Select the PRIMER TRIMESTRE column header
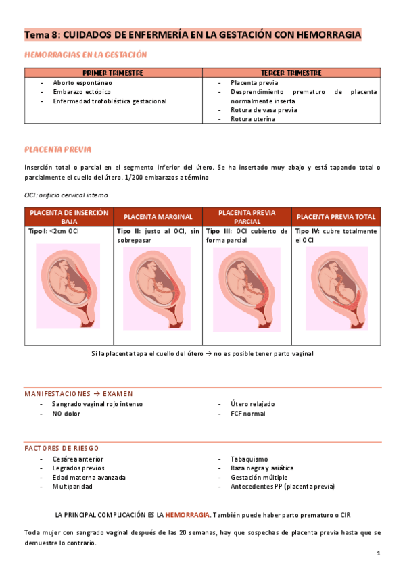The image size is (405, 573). pyautogui.click(x=113, y=72)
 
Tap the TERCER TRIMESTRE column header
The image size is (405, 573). pyautogui.click(x=291, y=72)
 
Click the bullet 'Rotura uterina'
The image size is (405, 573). pyautogui.click(x=252, y=119)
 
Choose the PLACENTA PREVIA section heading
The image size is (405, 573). pyautogui.click(x=57, y=149)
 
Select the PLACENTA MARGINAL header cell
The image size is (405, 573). pyautogui.click(x=158, y=217)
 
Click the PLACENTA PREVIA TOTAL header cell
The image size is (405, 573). pyautogui.click(x=336, y=217)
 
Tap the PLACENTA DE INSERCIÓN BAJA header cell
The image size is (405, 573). pyautogui.click(x=68, y=216)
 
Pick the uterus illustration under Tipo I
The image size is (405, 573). pyautogui.click(x=68, y=284)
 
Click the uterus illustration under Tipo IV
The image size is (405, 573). pyautogui.click(x=336, y=286)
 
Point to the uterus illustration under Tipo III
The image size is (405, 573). pyautogui.click(x=247, y=289)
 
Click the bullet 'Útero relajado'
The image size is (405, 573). pyautogui.click(x=252, y=404)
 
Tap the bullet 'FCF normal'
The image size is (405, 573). pyautogui.click(x=247, y=414)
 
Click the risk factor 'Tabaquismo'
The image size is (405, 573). pyautogui.click(x=249, y=459)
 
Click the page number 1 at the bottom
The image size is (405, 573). pyautogui.click(x=379, y=554)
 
